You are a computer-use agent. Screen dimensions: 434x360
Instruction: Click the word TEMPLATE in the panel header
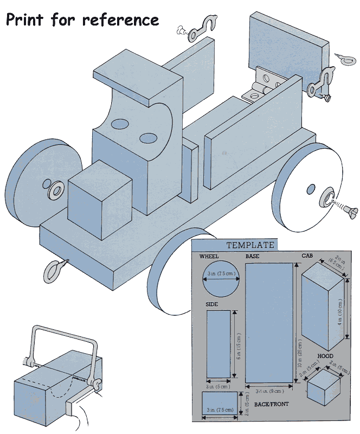[250, 245]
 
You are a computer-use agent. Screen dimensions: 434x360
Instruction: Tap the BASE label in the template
[252, 256]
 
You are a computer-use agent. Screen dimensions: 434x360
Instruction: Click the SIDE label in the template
[211, 304]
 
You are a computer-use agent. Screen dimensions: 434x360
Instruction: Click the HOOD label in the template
[325, 356]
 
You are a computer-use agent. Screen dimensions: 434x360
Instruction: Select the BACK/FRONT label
[275, 404]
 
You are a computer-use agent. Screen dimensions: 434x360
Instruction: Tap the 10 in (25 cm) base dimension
[299, 324]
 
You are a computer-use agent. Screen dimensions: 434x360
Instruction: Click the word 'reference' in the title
[120, 20]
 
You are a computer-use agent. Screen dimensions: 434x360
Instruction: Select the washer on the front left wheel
[56, 190]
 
